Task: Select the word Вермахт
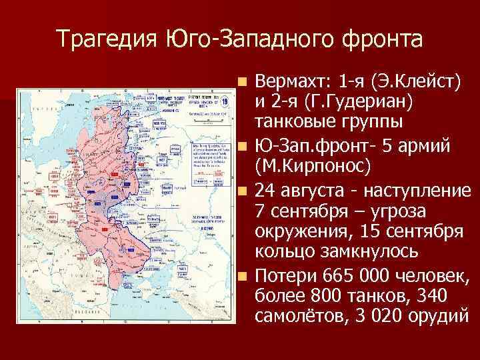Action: pyautogui.click(x=294, y=82)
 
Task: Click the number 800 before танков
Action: pyautogui.click(x=312, y=297)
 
